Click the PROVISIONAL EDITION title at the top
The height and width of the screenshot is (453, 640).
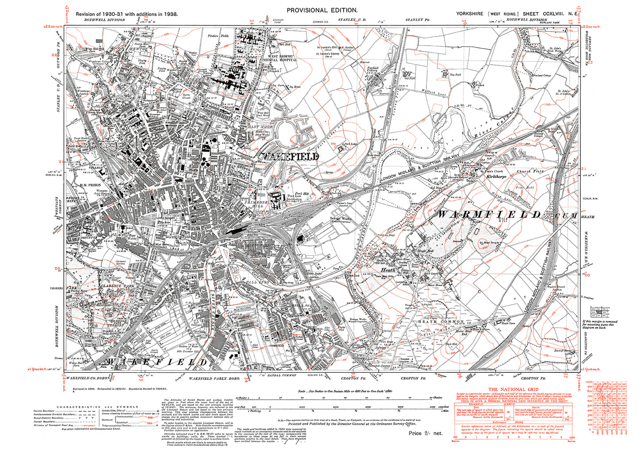322,10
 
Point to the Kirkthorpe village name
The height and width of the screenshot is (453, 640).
496,176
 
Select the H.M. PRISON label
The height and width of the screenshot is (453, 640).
90,185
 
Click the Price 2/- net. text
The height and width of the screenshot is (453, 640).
425,433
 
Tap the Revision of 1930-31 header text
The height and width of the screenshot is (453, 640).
127,14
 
